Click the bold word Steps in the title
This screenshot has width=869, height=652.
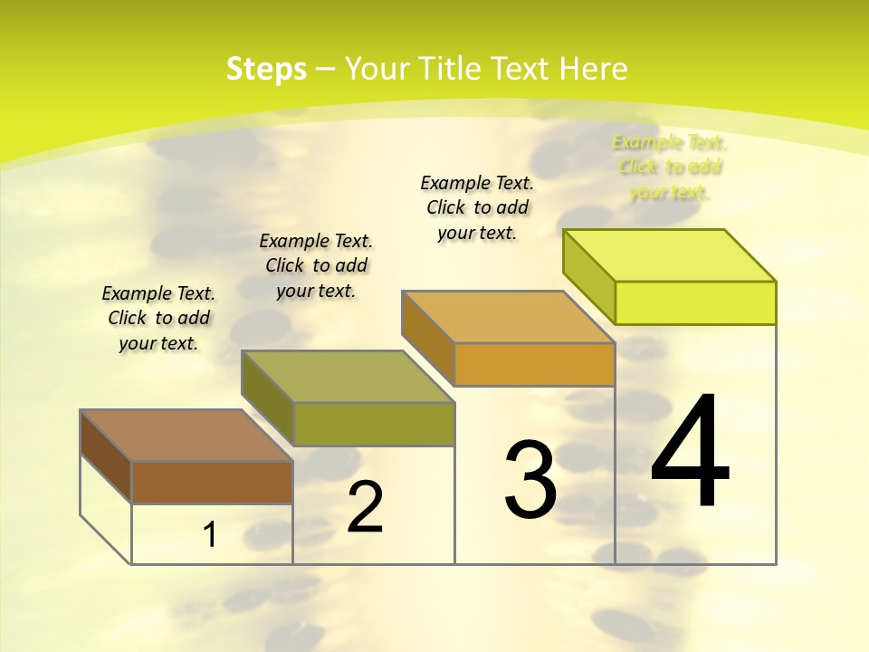click(266, 69)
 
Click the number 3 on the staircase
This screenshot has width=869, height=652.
click(530, 480)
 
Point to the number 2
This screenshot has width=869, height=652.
click(365, 507)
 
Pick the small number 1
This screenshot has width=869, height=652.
click(210, 535)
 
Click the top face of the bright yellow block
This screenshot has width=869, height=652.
click(670, 255)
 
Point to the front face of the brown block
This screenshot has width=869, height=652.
click(212, 482)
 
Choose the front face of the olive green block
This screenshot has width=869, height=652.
click(373, 424)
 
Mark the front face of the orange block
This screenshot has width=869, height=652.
click(534, 364)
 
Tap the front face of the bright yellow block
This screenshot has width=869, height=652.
click(695, 302)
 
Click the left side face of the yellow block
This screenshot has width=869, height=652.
click(588, 275)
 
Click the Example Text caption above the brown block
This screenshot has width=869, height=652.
click(158, 318)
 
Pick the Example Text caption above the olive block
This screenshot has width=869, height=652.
click(316, 265)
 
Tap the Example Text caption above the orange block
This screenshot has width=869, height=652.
click(477, 207)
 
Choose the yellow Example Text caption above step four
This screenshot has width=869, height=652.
click(670, 167)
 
